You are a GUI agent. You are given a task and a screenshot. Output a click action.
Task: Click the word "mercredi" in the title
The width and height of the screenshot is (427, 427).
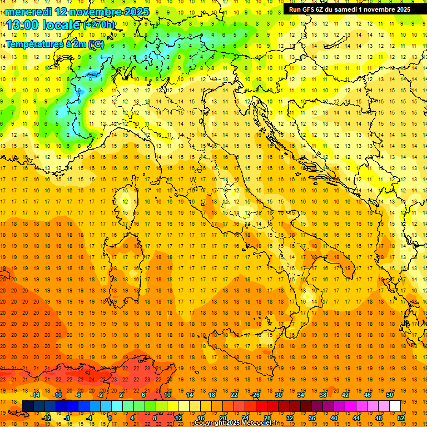29,12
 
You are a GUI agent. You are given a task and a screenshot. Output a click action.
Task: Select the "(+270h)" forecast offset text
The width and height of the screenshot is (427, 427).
98,25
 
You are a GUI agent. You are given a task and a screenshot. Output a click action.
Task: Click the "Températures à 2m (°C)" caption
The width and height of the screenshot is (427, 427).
54,43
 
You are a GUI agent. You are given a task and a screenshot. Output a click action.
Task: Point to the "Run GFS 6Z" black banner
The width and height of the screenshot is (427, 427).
350,9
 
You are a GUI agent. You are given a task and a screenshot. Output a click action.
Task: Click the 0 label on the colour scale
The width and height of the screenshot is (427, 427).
110,418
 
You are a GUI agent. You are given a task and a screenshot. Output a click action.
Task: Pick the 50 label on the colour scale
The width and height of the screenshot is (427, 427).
390,395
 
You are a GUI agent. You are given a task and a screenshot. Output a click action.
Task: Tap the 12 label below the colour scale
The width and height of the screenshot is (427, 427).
178,418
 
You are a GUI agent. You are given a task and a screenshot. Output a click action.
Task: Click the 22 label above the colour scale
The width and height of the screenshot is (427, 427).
234,395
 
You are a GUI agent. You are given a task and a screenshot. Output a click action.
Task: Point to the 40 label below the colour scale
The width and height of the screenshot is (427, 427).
334,418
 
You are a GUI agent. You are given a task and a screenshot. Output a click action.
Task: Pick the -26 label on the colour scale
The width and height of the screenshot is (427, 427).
255,395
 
